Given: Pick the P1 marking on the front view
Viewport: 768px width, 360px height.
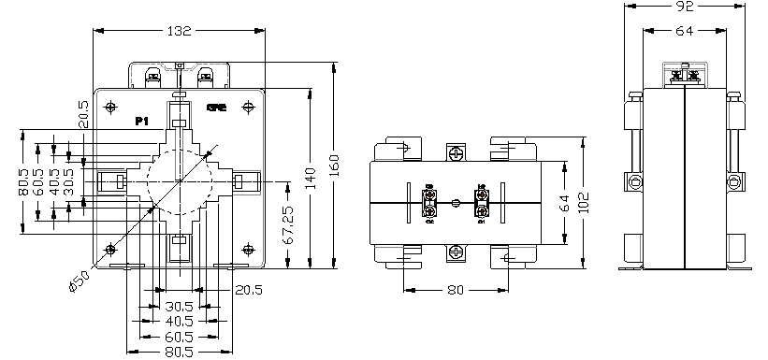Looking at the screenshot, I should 142,122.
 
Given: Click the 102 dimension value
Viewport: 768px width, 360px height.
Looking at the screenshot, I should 585,202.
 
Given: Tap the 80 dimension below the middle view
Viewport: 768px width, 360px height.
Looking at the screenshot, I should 456,291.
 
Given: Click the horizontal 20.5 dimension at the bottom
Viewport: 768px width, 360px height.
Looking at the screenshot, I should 248,290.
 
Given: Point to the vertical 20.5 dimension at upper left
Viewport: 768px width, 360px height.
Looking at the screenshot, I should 83,114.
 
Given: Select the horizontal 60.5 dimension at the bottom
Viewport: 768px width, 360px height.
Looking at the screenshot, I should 178,336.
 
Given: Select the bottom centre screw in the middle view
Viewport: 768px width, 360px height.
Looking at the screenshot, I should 456,251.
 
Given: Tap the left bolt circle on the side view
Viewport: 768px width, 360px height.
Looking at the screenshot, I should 633,180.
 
